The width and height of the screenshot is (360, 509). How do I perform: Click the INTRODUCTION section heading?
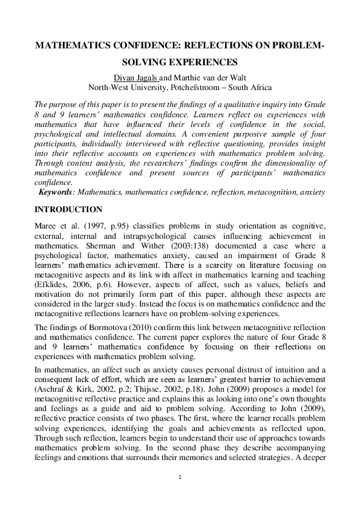[x=68, y=210]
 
